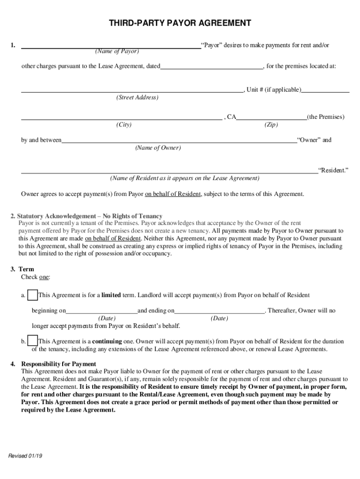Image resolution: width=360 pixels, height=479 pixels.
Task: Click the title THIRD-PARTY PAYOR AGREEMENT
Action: pos(180,23)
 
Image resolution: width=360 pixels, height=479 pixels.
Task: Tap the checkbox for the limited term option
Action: pos(33,295)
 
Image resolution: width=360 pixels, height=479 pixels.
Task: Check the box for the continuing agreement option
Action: pos(33,341)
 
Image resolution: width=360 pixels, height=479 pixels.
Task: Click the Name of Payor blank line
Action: pos(111,46)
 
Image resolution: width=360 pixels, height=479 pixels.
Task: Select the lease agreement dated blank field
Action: pos(211,66)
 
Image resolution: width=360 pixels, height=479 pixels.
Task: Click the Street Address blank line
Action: pos(132,90)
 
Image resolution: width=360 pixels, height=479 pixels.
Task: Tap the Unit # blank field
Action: pos(325,90)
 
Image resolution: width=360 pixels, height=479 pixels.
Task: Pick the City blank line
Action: pos(122,117)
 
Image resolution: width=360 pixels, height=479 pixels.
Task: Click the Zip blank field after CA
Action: pos(271,117)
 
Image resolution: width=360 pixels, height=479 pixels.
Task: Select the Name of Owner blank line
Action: pos(179,140)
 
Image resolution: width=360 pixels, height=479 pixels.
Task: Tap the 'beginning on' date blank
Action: pos(101,311)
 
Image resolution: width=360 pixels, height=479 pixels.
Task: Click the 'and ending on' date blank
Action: pos(220,311)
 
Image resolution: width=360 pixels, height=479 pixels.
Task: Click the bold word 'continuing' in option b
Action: pos(107,341)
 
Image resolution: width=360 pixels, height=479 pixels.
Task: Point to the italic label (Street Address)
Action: pos(137,98)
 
